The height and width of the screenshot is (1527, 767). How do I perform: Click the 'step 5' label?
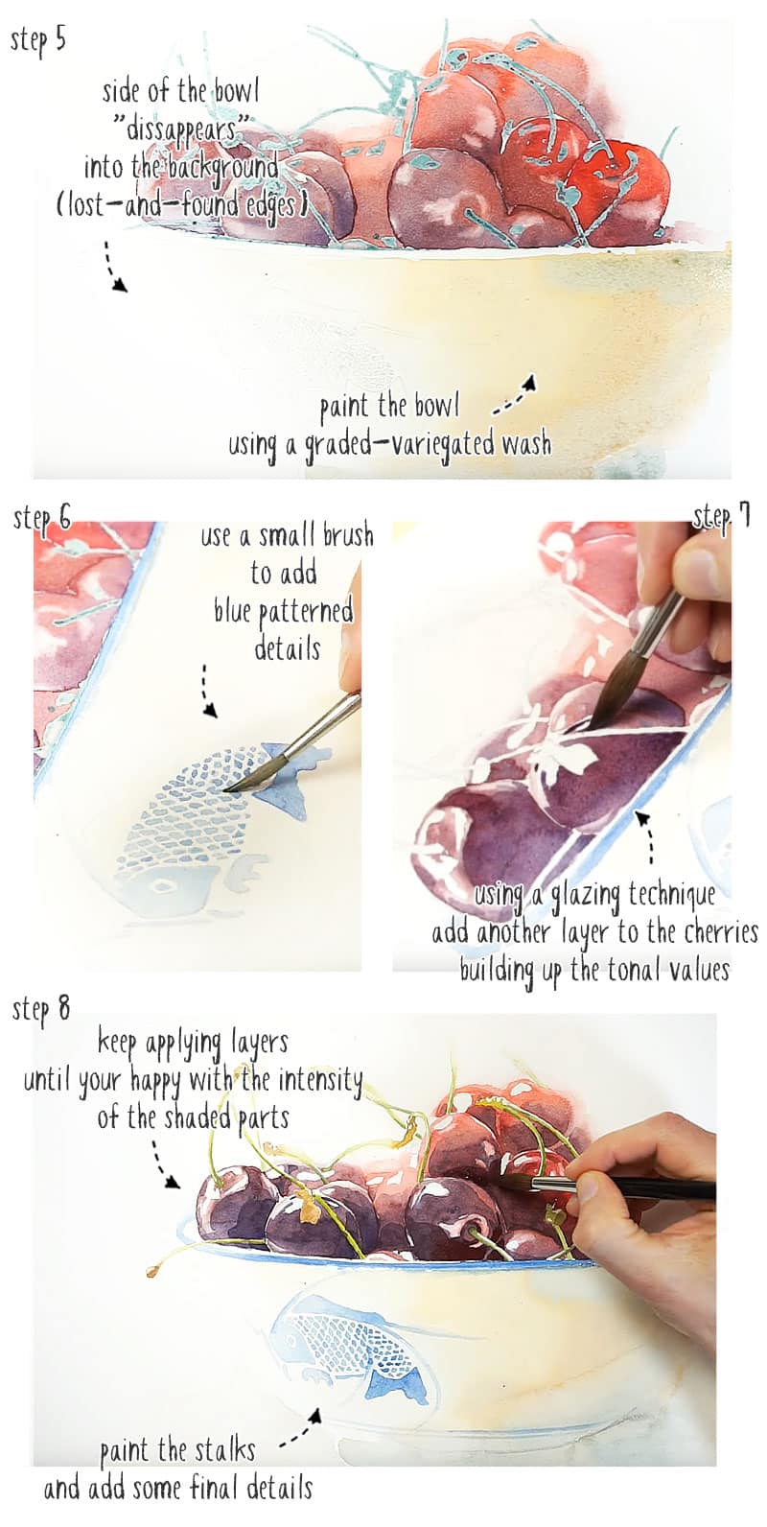click(38, 41)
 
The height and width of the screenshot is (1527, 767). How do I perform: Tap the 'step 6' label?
click(42, 519)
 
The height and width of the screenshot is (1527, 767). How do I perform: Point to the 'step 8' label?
click(40, 1009)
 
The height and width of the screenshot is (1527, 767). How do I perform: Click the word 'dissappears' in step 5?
click(181, 129)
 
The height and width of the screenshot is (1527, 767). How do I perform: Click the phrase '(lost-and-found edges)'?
click(182, 204)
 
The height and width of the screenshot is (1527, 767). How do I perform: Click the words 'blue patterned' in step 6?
click(284, 611)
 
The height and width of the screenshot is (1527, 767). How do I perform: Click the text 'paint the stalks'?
click(177, 1450)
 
